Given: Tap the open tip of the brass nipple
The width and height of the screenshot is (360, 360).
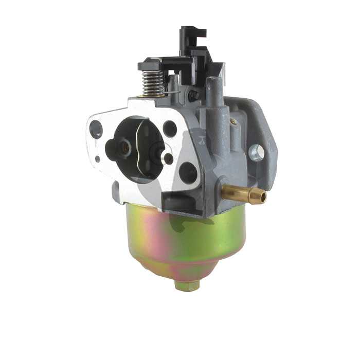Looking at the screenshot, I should click(x=263, y=197).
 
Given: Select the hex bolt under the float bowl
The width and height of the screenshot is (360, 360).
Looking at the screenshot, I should click(x=186, y=284).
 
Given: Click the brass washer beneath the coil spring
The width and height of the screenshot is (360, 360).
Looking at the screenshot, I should click(x=152, y=95).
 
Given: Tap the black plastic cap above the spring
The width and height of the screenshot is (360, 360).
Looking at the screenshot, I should click(x=150, y=65).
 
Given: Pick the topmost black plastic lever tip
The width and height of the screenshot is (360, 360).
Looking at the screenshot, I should click(x=192, y=32).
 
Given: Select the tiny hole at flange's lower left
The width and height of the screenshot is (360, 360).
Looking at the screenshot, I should click(x=98, y=159).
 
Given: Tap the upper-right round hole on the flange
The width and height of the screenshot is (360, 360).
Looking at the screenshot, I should click(x=170, y=128).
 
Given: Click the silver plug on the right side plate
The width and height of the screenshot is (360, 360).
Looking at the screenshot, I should click(x=256, y=152).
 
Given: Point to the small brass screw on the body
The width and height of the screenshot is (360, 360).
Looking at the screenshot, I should click(x=233, y=121).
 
